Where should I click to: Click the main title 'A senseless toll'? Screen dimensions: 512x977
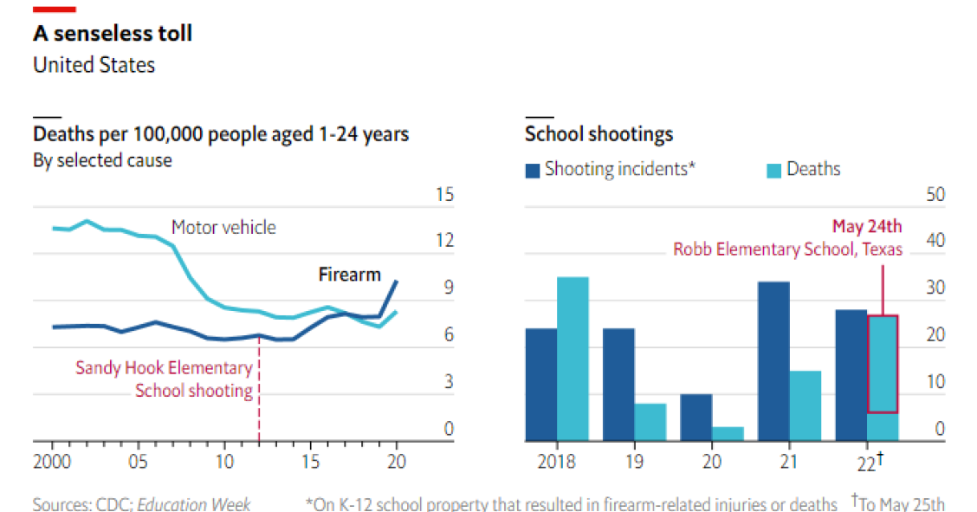tap(113, 34)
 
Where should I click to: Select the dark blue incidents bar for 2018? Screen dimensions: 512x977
tap(540, 385)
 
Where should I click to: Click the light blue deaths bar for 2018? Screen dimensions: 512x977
tap(573, 359)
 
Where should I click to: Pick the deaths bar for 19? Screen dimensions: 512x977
tap(650, 422)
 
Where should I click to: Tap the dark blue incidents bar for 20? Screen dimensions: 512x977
tap(696, 418)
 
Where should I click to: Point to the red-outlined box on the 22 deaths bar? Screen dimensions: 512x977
tap(883, 364)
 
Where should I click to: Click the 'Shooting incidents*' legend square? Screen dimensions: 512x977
tap(533, 170)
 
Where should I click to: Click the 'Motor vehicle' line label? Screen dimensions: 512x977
tap(223, 228)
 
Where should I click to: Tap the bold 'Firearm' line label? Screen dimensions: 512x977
tap(350, 275)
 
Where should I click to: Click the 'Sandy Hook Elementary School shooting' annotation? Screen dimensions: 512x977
tap(165, 379)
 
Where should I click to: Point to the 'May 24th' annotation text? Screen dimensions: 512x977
tap(867, 227)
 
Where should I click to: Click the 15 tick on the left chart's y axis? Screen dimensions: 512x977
tap(443, 194)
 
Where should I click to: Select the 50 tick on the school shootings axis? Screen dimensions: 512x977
tap(935, 194)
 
